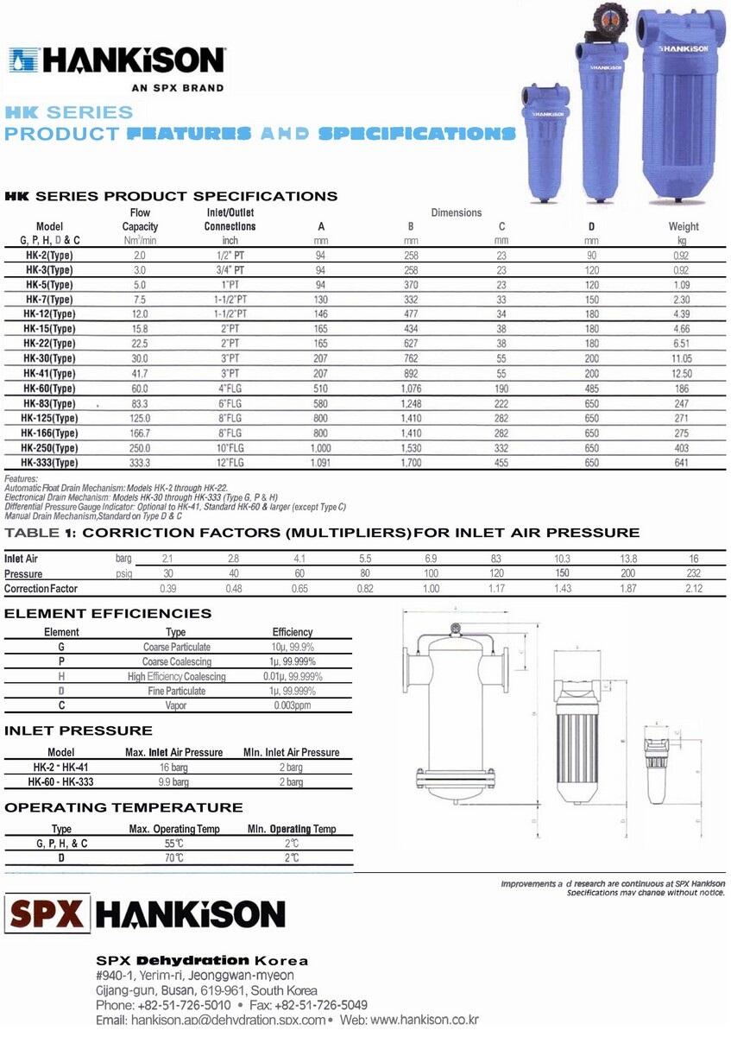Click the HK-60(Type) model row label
pyautogui.click(x=50, y=389)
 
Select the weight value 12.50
pyautogui.click(x=682, y=374)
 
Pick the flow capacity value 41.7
pyautogui.click(x=140, y=374)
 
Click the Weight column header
pyautogui.click(x=684, y=227)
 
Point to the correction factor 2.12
pyautogui.click(x=693, y=589)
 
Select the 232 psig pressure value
pyautogui.click(x=693, y=574)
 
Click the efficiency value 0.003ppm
pyautogui.click(x=292, y=705)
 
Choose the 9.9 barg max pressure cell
pyautogui.click(x=173, y=782)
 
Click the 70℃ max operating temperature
pyautogui.click(x=173, y=858)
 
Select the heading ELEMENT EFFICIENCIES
pyautogui.click(x=108, y=614)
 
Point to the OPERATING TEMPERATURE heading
pyautogui.click(x=123, y=808)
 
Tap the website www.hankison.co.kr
pyautogui.click(x=424, y=1020)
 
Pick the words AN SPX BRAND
pyautogui.click(x=177, y=87)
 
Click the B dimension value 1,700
pyautogui.click(x=411, y=464)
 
